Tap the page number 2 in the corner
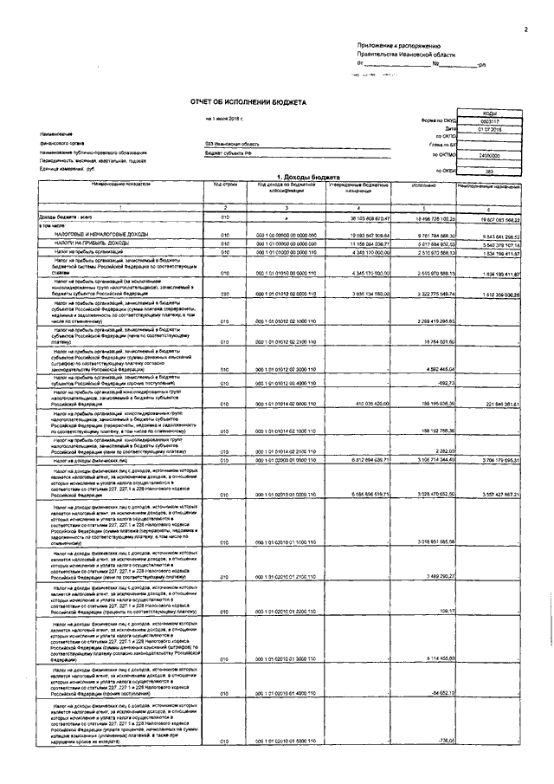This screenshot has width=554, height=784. coord(525,29)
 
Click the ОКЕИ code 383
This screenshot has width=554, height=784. coord(490,170)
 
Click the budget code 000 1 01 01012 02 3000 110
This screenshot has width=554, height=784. coord(285,370)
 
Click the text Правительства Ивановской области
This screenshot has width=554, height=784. coord(399,54)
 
